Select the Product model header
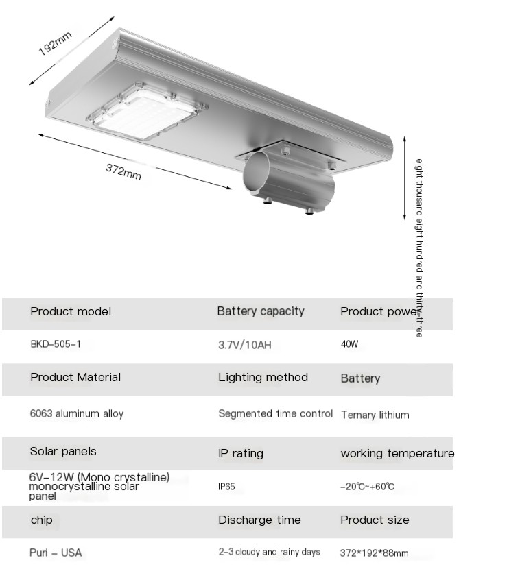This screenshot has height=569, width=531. pyautogui.click(x=71, y=311)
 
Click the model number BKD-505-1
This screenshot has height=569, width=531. pyautogui.click(x=56, y=344)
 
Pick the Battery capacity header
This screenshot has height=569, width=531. pyautogui.click(x=261, y=311)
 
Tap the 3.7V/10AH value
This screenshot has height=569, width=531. pyautogui.click(x=244, y=345)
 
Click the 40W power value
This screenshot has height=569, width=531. pyautogui.click(x=350, y=344)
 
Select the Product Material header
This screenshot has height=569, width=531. pyautogui.click(x=75, y=377)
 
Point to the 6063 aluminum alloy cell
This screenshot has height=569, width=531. pyautogui.click(x=77, y=414)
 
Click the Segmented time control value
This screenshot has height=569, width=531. pyautogui.click(x=275, y=414)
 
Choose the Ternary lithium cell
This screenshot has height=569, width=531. pyautogui.click(x=375, y=415)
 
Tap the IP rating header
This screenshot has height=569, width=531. pyautogui.click(x=241, y=453)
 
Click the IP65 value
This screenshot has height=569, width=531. pyautogui.click(x=226, y=487)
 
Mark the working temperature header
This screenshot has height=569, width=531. pyautogui.click(x=397, y=453)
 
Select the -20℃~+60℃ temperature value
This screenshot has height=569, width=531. pyautogui.click(x=367, y=487)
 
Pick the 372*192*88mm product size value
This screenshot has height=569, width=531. pyautogui.click(x=374, y=553)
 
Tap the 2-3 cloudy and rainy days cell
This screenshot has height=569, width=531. pyautogui.click(x=270, y=552)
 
